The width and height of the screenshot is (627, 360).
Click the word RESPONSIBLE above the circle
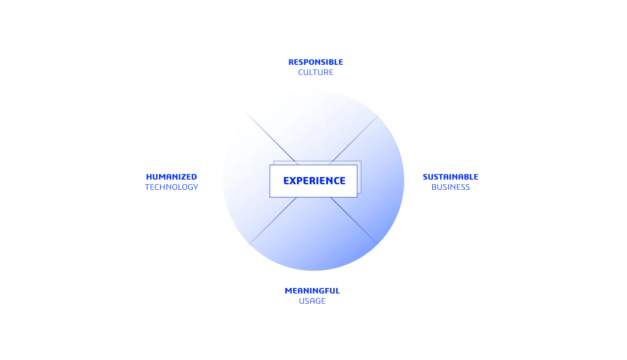click(316, 63)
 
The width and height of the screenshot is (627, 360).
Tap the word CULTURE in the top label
click(316, 73)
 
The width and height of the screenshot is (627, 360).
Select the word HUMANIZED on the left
click(171, 177)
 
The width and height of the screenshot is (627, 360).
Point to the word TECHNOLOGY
click(172, 187)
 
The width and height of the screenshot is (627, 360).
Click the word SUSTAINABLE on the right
click(451, 177)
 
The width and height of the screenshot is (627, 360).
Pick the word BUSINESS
click(451, 187)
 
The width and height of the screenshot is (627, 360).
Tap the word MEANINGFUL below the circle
click(313, 291)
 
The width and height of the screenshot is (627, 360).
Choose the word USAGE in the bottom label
click(312, 302)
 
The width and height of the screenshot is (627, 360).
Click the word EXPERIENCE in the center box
click(314, 181)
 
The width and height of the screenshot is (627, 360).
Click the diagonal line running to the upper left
click(271, 138)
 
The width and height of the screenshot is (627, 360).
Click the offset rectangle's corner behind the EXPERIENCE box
click(360, 162)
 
